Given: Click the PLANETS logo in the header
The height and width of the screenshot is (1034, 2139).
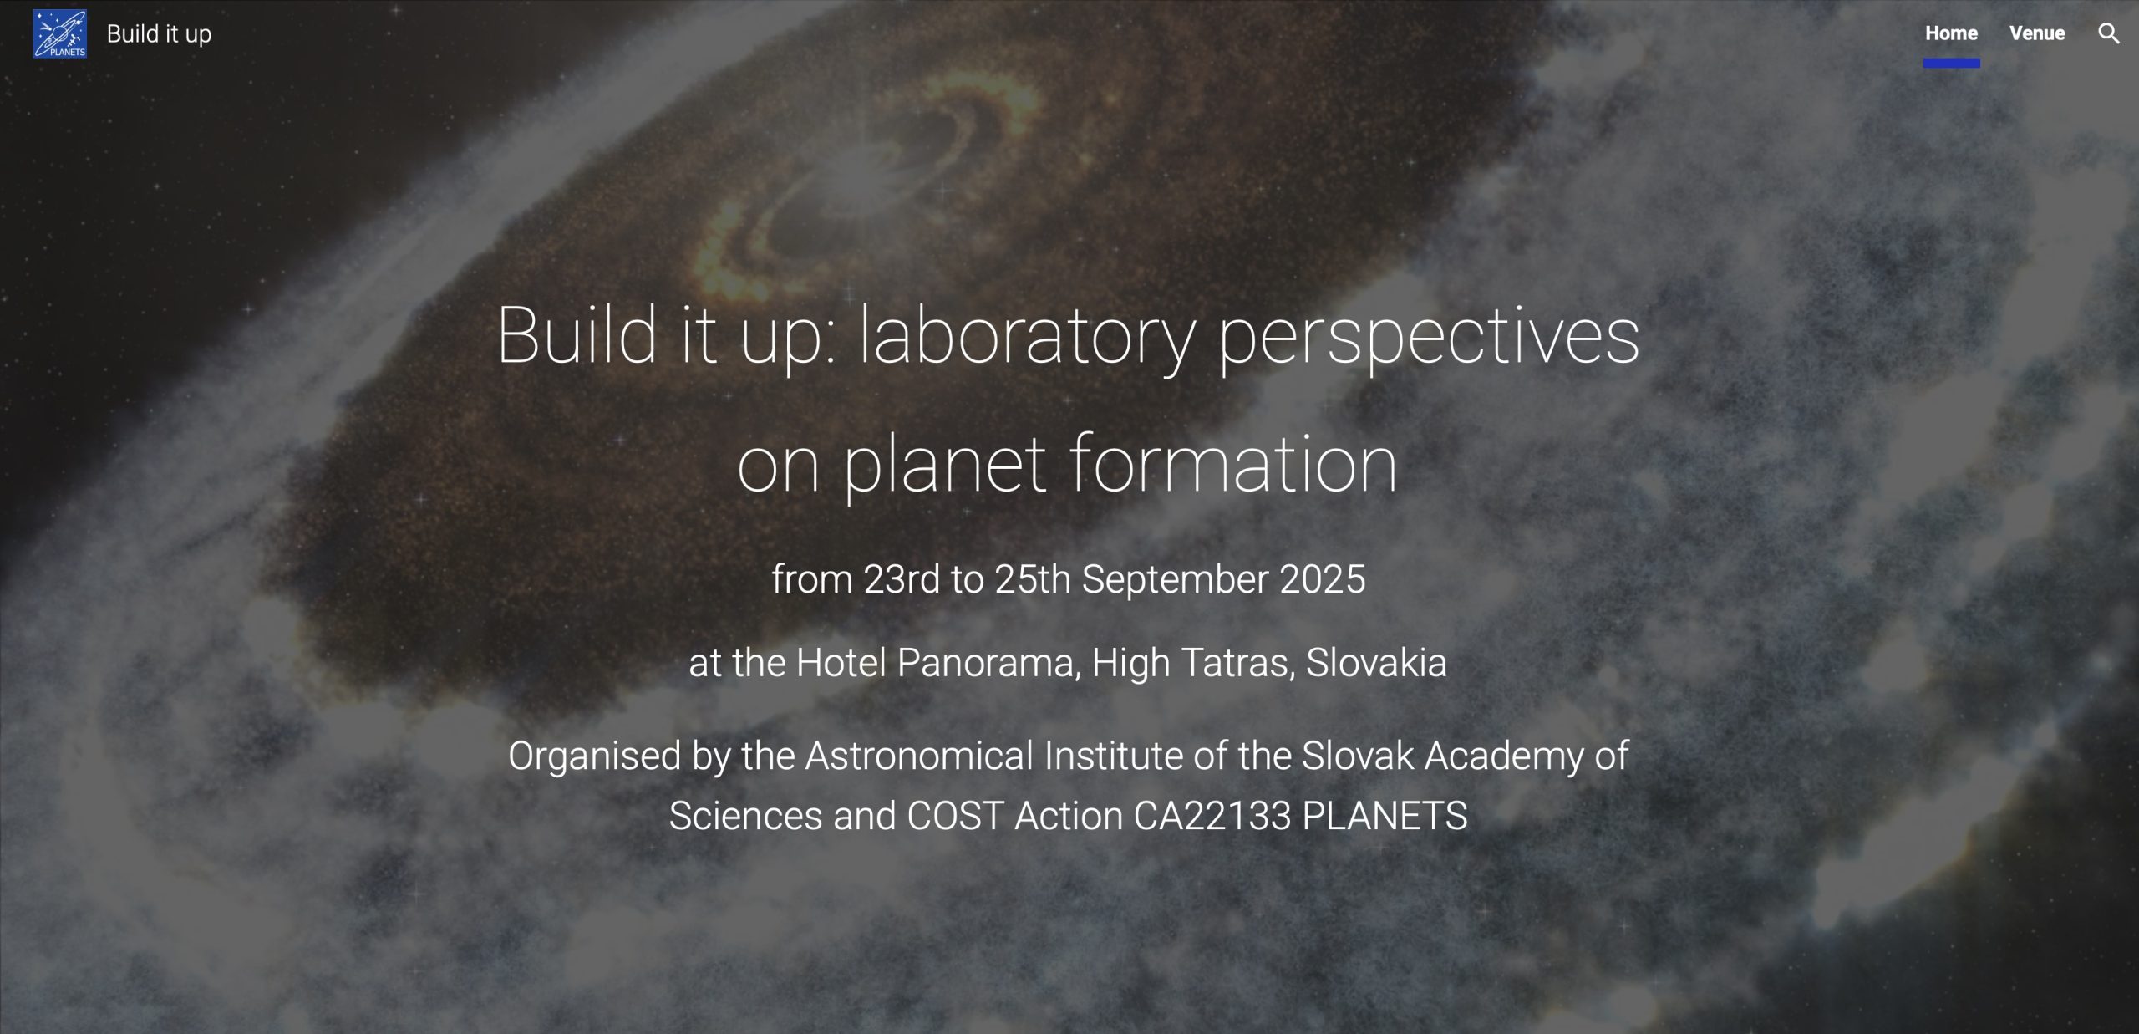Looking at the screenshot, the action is (59, 33).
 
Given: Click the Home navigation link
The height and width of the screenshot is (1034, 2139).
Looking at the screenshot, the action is (1951, 33).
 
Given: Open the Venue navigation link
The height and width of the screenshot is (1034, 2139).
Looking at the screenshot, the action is (2037, 33).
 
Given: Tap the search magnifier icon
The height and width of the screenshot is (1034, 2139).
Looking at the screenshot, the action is (2109, 33).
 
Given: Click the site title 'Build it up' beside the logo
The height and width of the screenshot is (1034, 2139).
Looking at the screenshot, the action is (159, 34).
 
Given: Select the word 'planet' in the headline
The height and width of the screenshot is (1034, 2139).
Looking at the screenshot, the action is (945, 465).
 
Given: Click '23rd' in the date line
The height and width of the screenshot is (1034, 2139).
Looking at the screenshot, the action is (902, 579).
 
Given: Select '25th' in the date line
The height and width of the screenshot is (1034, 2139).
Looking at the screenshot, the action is (1033, 579).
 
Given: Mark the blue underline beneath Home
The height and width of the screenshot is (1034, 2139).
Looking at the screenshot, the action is (1952, 63).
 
